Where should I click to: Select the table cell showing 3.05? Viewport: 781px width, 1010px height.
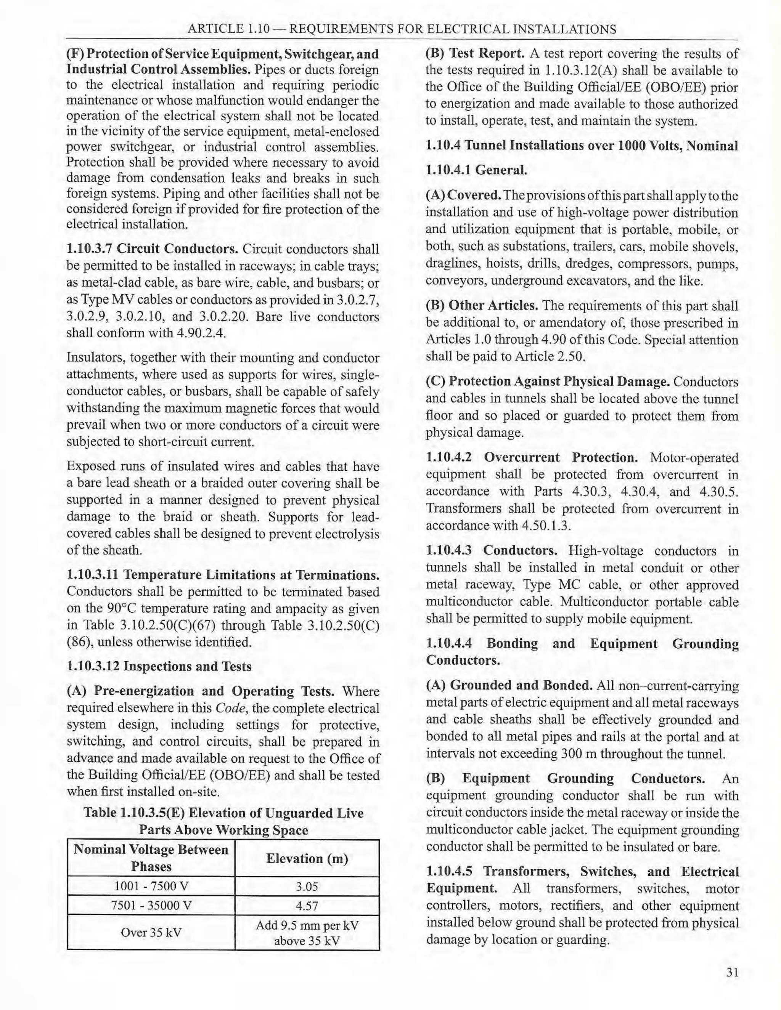click(x=307, y=886)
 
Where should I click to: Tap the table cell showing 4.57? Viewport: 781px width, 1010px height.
click(x=307, y=906)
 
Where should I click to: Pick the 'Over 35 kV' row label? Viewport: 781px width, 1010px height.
click(x=151, y=932)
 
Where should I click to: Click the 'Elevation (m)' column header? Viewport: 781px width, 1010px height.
click(x=307, y=858)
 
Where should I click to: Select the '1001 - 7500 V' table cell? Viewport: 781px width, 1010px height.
click(x=151, y=886)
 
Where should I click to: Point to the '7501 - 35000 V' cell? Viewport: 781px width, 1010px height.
click(x=151, y=906)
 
